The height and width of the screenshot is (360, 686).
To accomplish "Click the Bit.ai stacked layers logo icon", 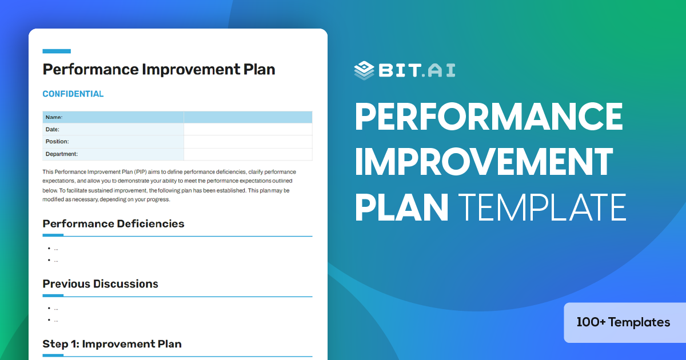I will tap(364, 69).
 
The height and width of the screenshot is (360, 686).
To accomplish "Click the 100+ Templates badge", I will tap(623, 322).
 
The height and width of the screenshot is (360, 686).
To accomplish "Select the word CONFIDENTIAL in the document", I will tap(73, 94).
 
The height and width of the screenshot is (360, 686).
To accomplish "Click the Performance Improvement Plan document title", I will tap(159, 70).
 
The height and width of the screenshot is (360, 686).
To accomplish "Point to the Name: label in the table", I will tap(54, 117).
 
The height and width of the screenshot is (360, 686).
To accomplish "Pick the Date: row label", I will tap(53, 130).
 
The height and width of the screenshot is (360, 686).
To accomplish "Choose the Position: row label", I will tap(57, 142).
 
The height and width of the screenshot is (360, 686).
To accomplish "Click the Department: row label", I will tap(61, 154).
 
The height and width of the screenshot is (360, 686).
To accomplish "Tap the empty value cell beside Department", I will tap(248, 154).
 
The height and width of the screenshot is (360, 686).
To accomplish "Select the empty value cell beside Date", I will tap(248, 130).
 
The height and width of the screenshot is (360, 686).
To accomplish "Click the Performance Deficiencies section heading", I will tap(113, 223).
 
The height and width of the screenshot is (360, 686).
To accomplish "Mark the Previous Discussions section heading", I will tap(100, 284).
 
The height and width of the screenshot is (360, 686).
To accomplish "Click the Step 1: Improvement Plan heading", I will tap(112, 344).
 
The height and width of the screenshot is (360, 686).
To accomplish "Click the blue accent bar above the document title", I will tap(57, 51).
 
